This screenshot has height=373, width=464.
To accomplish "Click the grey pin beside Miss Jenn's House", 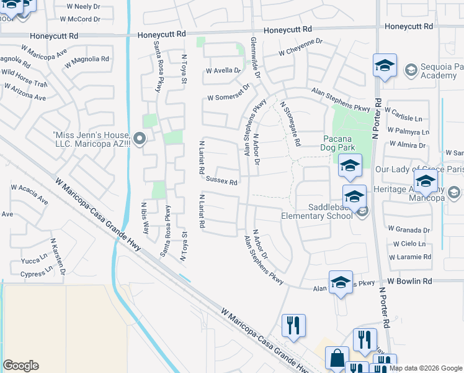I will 140,138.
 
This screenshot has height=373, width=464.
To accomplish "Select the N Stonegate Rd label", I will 290,124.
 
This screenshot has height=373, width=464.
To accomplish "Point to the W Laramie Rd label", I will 409,257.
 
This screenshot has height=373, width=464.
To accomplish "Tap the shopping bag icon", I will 337,359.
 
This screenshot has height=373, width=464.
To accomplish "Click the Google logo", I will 20,366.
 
